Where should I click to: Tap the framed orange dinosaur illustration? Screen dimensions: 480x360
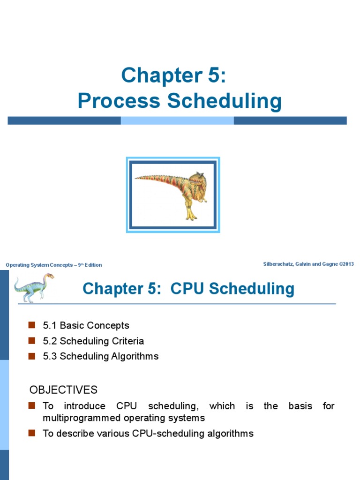tap(173, 195)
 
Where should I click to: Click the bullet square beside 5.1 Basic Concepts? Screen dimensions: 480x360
tap(32, 325)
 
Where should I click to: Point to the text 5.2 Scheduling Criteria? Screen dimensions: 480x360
tap(93, 341)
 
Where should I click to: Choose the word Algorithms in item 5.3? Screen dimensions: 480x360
tap(135, 356)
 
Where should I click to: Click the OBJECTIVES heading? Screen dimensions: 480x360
tap(63, 390)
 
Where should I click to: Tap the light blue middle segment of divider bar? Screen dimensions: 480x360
tap(177, 120)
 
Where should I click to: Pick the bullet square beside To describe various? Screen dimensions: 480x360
tap(32, 433)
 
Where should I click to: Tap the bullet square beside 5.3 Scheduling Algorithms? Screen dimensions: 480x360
tap(32, 356)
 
